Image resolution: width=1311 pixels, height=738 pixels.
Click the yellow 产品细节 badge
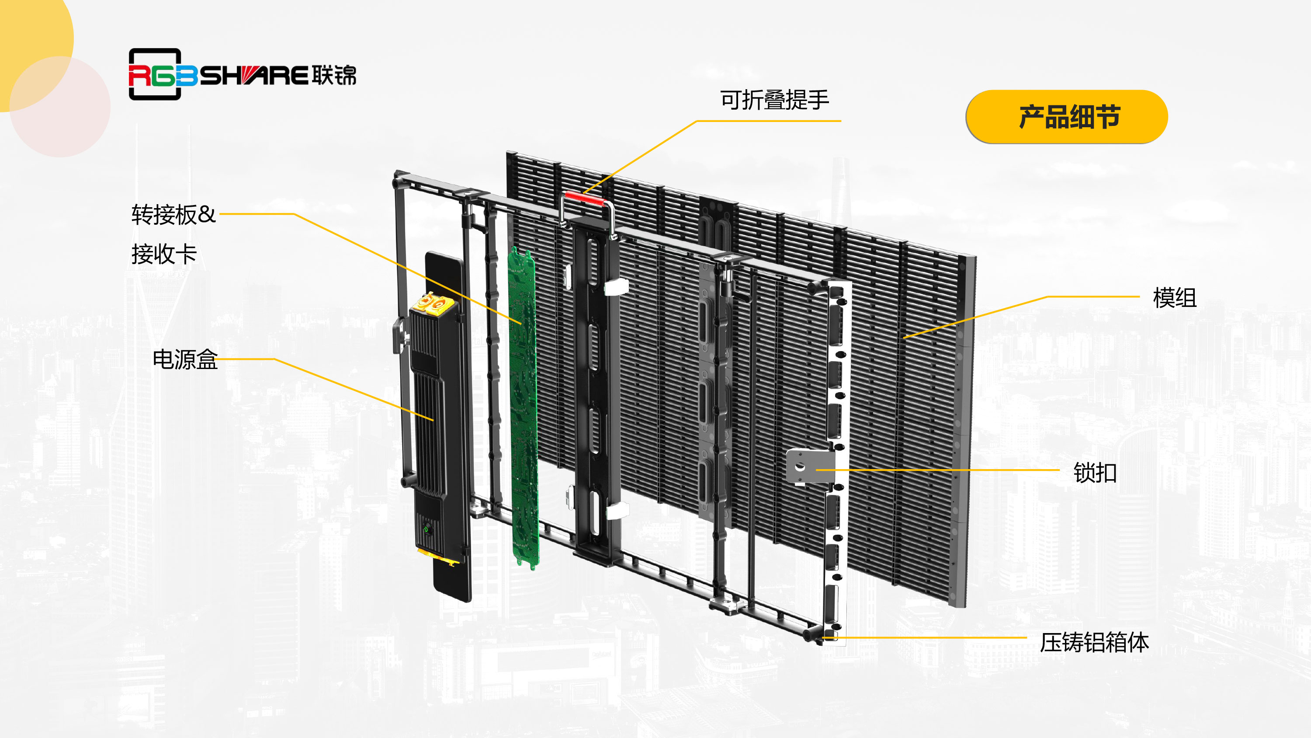[x=1067, y=117]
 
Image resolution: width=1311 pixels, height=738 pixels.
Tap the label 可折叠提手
[x=775, y=100]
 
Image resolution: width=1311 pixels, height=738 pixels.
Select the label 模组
[x=1175, y=298]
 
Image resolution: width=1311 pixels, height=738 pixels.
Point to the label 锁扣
[x=1095, y=473]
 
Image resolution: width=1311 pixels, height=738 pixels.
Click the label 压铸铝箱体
[x=1095, y=642]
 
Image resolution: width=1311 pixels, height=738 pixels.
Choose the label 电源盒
[x=185, y=359]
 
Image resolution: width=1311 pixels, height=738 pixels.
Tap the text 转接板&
[x=173, y=214]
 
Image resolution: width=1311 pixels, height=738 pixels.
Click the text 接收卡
[x=164, y=254]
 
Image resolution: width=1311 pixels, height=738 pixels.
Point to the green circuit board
[x=523, y=407]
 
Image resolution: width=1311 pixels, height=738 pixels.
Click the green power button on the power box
[x=427, y=530]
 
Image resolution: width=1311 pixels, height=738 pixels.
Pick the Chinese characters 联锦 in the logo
[x=334, y=75]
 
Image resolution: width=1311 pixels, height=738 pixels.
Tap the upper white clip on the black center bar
[x=616, y=286]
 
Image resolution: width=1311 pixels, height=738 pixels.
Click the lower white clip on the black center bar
[x=617, y=510]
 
